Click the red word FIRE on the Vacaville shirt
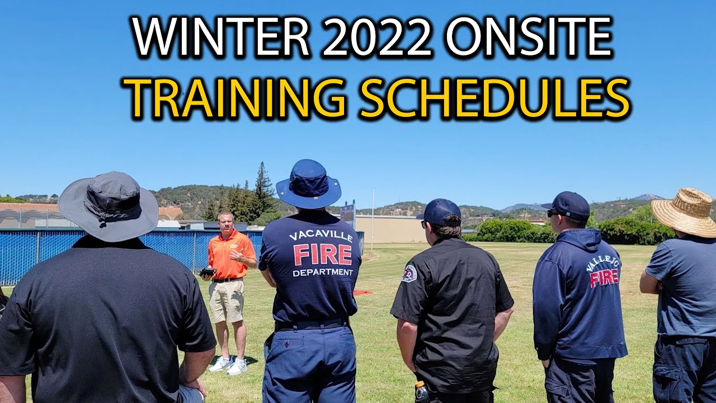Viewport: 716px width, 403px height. (323, 255)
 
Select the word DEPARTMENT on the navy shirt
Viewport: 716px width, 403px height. (323, 273)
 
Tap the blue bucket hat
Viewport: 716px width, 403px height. (308, 185)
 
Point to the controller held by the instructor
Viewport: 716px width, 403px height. (208, 272)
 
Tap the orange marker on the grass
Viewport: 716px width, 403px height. (361, 292)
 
